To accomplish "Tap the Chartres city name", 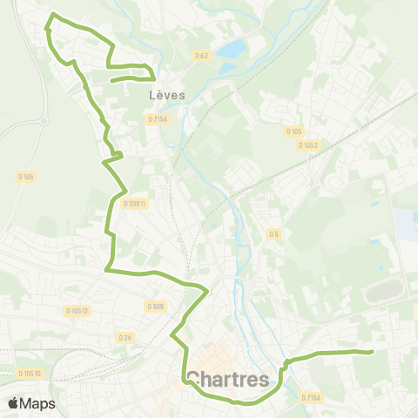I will (227, 380).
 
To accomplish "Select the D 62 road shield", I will (201, 57).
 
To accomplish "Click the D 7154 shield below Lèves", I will (158, 118).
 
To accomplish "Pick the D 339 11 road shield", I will (136, 204).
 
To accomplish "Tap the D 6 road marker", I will (273, 233).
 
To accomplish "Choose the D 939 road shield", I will (155, 306).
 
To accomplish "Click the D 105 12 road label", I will (78, 309).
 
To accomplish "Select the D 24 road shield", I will (125, 336).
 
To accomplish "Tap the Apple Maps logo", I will (31, 403).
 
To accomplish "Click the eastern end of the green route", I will (372, 352).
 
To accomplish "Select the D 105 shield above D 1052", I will (293, 131).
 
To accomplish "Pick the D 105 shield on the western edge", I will (25, 176).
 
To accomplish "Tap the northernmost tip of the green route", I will (54, 16).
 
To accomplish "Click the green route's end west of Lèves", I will (112, 82).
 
